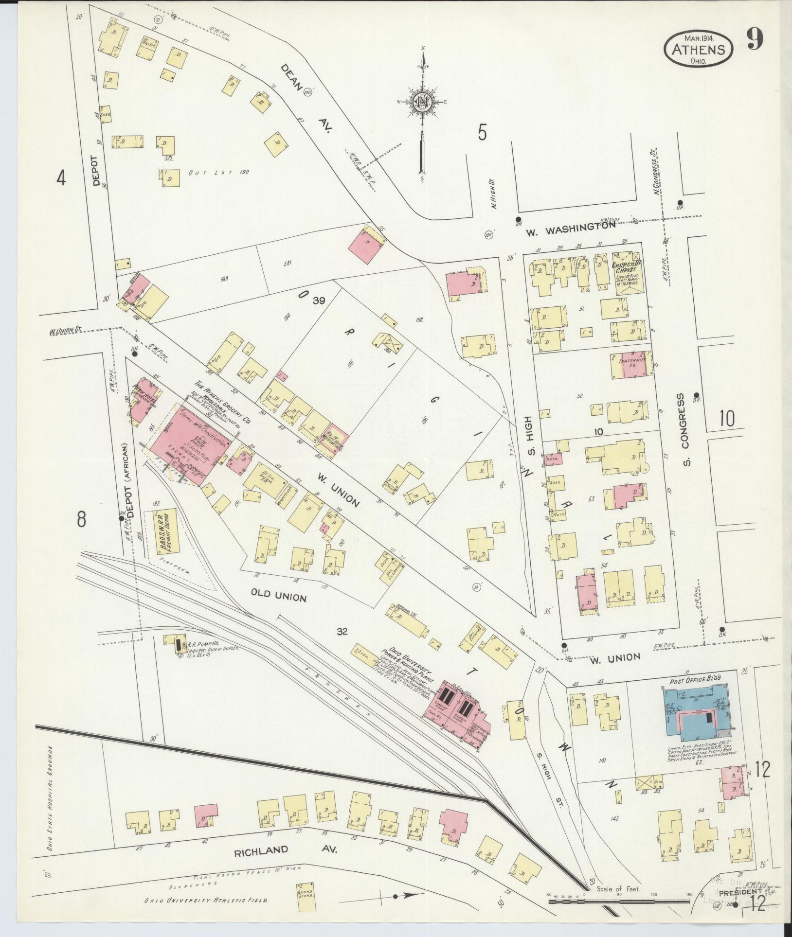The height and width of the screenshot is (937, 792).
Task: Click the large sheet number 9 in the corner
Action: pos(755,39)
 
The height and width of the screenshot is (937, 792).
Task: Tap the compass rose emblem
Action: pos(422,103)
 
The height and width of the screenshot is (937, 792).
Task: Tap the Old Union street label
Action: pos(279,595)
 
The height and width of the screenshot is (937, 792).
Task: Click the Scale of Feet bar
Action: pos(620,901)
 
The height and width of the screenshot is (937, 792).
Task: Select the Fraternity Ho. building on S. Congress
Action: pos(631,366)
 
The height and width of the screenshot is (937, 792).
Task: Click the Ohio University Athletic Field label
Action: pos(206,900)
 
